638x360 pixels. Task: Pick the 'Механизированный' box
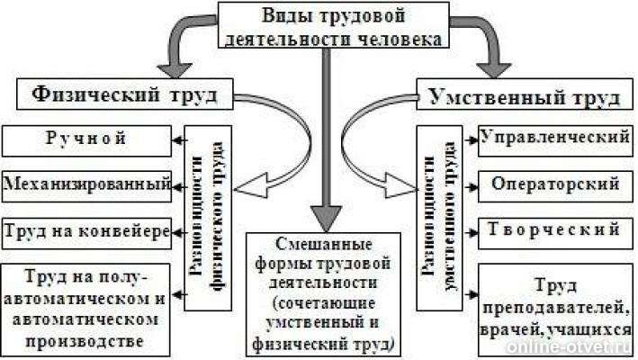coord(86,185)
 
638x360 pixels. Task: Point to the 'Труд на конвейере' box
coord(86,231)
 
